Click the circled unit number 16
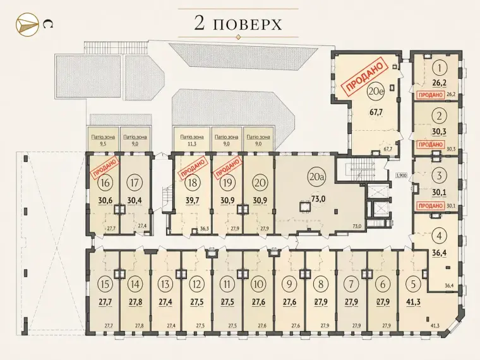click(105, 183)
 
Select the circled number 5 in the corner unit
click(414, 284)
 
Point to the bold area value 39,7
click(193, 200)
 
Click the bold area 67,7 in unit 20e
click(376, 112)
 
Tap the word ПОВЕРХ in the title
click(247, 25)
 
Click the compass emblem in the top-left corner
click(27, 23)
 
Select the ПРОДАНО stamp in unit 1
click(431, 95)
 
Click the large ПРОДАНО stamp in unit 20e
click(364, 78)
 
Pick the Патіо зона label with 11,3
click(192, 140)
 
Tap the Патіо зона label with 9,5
click(103, 140)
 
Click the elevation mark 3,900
click(400, 176)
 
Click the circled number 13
click(165, 284)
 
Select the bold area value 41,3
click(413, 302)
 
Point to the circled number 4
click(440, 236)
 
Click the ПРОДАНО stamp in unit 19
click(227, 168)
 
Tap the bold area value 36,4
click(439, 253)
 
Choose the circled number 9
click(289, 284)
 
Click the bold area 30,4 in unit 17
click(135, 200)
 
